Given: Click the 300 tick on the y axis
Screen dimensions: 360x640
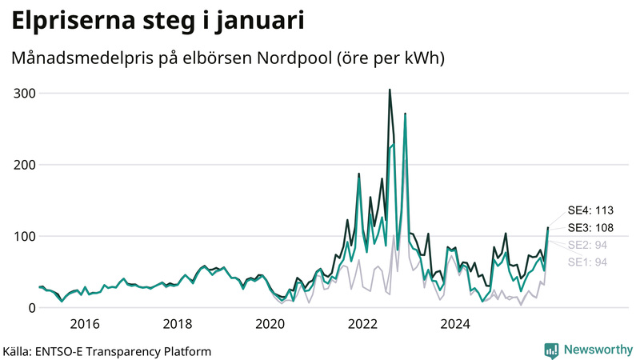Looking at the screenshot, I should point(25,93).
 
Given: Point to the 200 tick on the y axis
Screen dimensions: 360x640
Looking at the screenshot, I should point(25,165).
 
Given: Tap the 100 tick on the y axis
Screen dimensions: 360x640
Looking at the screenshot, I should point(25,236).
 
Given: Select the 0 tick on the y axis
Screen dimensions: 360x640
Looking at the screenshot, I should point(30,308).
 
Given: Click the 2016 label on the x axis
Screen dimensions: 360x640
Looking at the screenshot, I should point(84,324).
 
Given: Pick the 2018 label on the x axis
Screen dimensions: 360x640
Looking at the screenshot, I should point(177,324).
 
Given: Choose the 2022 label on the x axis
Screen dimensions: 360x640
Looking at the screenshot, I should point(363,324).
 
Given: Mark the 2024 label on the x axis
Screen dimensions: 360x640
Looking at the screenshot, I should point(456,324).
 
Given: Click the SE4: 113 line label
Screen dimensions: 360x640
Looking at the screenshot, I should point(590,210).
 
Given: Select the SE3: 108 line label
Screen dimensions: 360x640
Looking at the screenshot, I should point(590,228).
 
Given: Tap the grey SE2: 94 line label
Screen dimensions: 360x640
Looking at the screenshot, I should point(586,245).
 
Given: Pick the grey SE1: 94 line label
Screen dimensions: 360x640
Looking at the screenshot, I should point(586,262).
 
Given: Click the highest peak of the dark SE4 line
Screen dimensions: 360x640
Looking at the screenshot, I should point(390,90).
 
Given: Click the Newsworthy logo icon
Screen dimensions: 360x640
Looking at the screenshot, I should point(551,350).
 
